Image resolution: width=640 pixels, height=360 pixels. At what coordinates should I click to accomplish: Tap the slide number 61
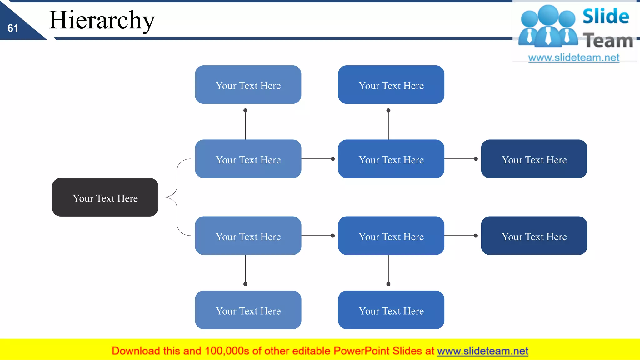[x=13, y=28]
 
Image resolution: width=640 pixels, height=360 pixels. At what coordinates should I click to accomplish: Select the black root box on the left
[x=105, y=197]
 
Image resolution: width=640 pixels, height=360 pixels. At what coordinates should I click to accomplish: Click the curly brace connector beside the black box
[x=177, y=197]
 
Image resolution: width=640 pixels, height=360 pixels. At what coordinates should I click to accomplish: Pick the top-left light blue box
[x=248, y=85]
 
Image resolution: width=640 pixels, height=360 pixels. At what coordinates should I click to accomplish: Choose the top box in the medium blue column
[x=391, y=85]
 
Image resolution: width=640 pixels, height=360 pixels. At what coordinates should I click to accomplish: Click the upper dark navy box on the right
[x=534, y=159]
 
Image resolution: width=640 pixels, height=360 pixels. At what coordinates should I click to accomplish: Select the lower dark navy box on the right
[x=534, y=236]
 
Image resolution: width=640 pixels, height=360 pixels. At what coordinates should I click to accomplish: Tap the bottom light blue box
[x=248, y=310]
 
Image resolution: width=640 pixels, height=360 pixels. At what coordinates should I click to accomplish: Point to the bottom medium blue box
[x=391, y=310]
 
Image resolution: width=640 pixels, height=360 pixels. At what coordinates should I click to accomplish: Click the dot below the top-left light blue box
[x=245, y=110]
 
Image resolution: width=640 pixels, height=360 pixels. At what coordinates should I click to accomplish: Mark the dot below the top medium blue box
[x=388, y=110]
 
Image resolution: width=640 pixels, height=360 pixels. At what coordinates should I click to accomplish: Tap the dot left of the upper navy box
[x=476, y=159]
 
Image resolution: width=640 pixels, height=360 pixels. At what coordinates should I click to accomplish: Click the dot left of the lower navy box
[x=476, y=236]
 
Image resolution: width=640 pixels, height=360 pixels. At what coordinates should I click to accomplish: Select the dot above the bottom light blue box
[x=245, y=284]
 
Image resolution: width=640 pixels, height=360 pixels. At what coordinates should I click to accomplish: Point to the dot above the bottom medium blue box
[x=388, y=284]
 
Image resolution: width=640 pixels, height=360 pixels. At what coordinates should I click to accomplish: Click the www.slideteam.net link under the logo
[x=574, y=58]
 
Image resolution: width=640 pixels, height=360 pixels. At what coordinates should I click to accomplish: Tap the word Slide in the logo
[x=606, y=16]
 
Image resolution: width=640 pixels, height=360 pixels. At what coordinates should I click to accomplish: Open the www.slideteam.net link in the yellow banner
[x=482, y=351]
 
